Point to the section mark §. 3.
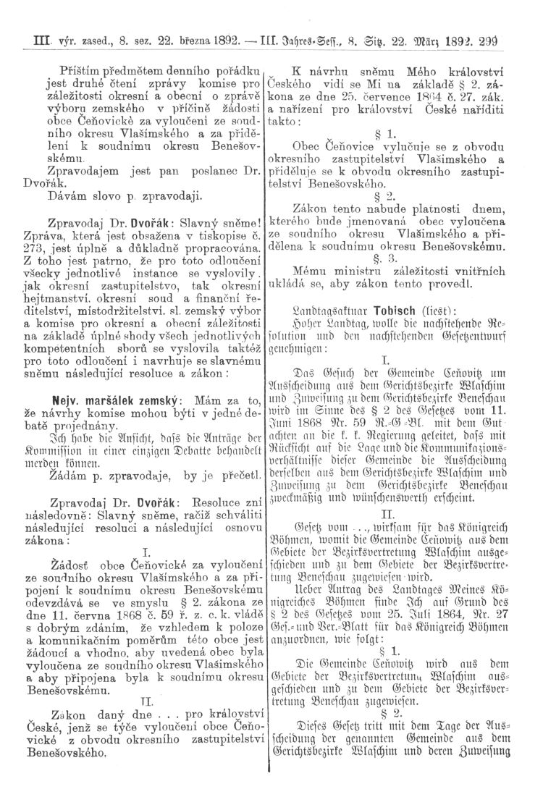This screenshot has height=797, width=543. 399,258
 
